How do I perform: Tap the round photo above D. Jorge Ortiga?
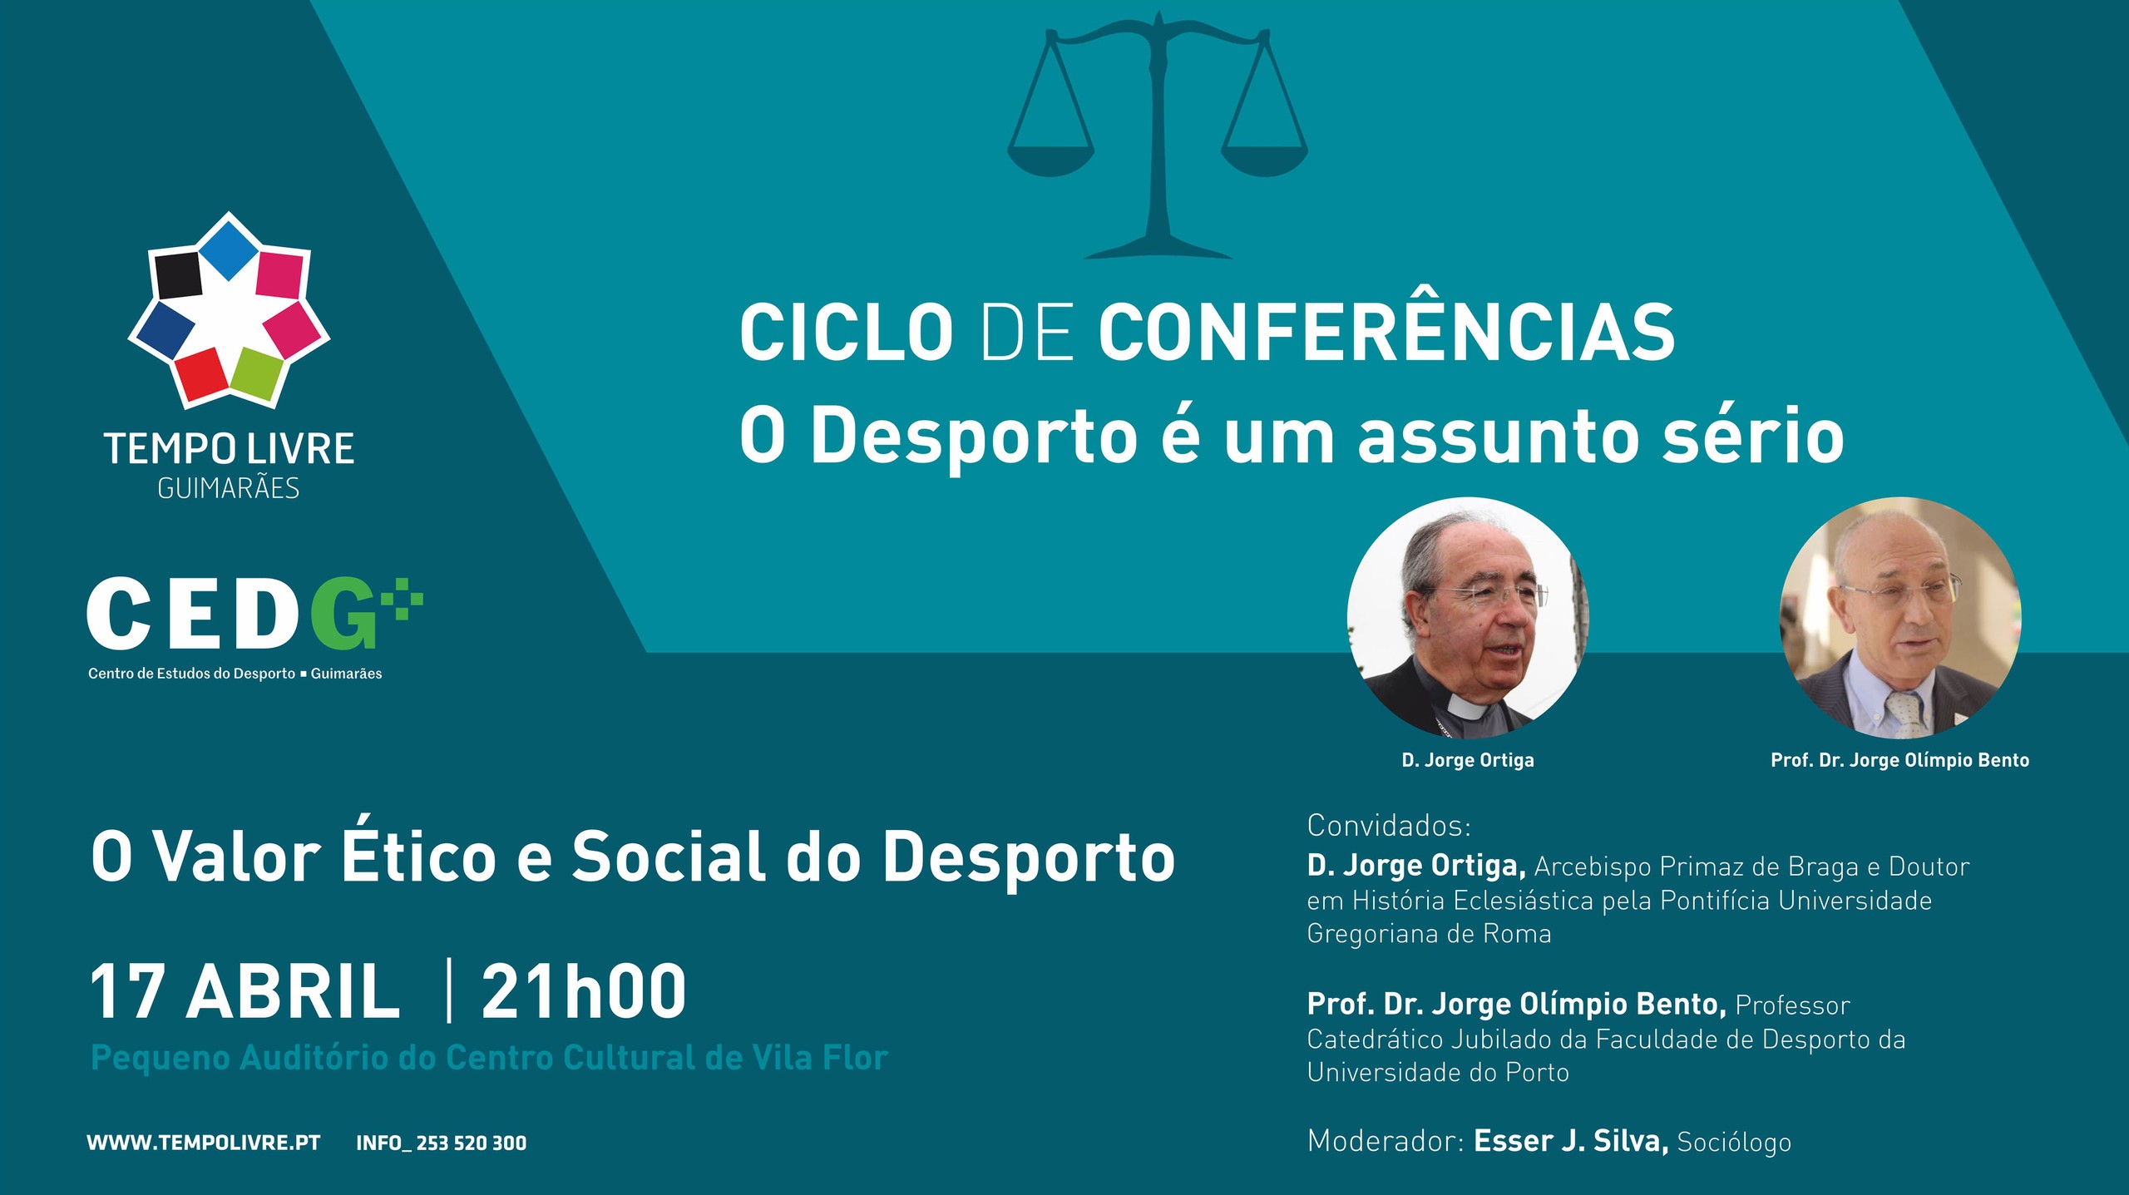coord(1468,618)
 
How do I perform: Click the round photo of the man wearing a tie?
coord(1899,618)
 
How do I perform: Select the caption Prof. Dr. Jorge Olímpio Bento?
coord(1899,760)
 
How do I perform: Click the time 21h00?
coord(584,991)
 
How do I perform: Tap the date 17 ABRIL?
coord(245,991)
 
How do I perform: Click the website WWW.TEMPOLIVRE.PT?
coord(204,1143)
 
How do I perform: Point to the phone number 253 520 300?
coord(472,1143)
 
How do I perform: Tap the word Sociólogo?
coord(1734,1143)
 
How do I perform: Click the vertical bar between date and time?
coord(449,990)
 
